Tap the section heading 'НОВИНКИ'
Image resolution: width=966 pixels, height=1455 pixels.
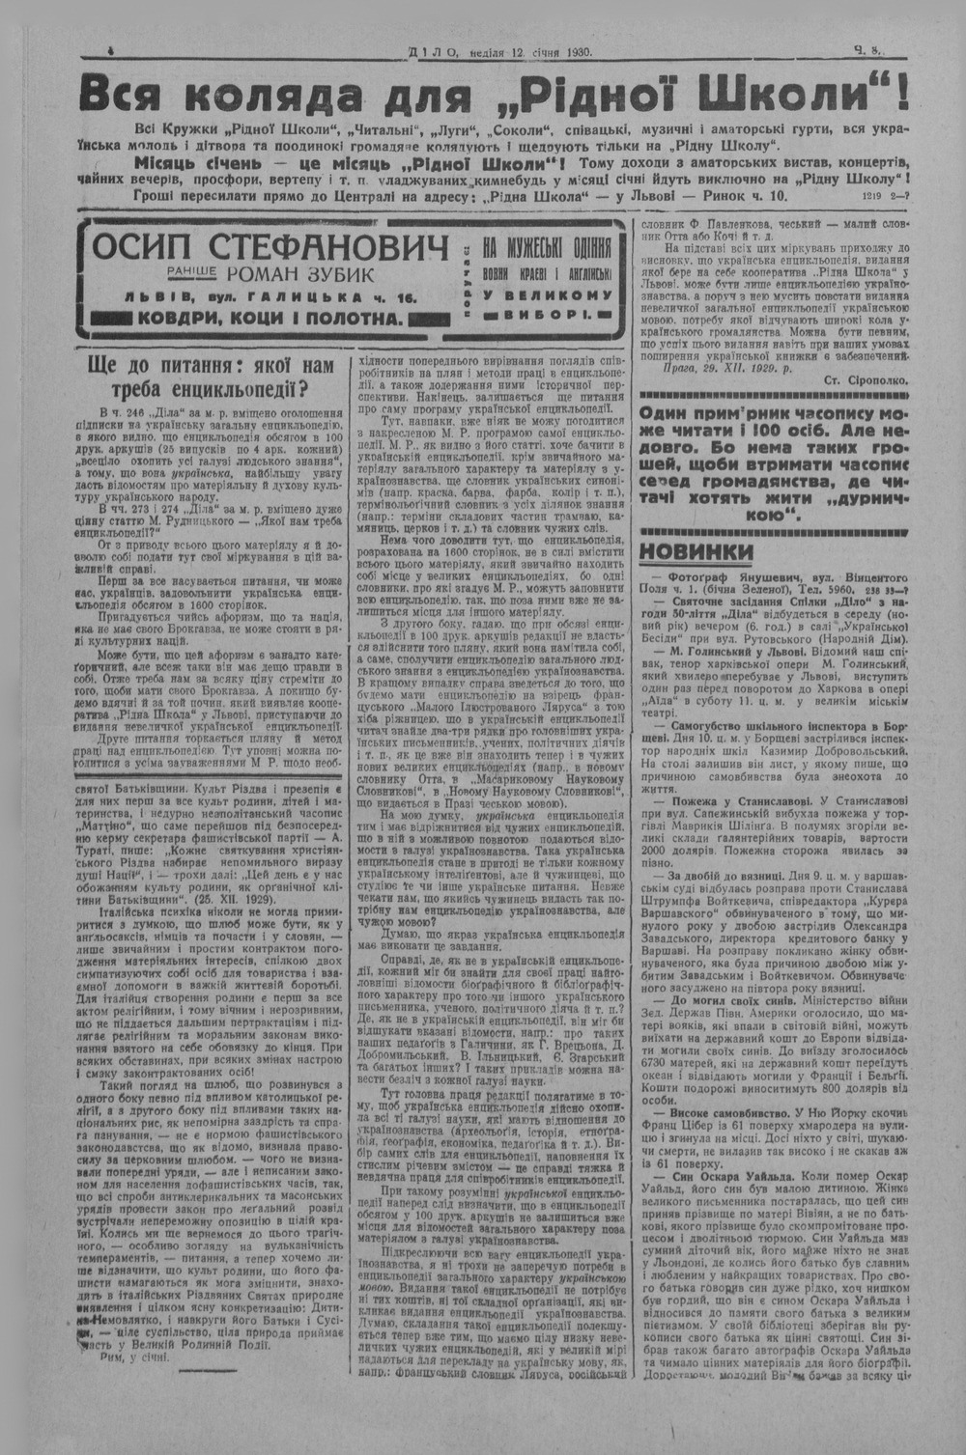coord(696,550)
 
